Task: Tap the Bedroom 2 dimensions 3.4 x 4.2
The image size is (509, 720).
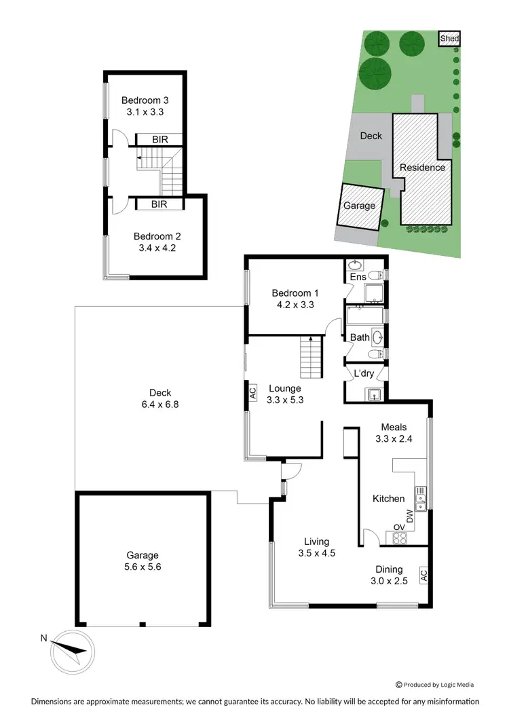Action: pos(157,248)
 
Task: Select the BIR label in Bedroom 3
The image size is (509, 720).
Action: pos(160,140)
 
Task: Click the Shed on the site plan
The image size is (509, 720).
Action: pos(449,39)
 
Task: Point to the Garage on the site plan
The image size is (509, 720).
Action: pos(360,206)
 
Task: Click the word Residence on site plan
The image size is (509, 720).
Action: pos(422,168)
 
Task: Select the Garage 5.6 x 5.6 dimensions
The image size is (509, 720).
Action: pos(143,566)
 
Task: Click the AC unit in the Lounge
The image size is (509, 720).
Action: pos(252,392)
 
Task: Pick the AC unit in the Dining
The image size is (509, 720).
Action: pos(423,575)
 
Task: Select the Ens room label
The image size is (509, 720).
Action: pos(358,278)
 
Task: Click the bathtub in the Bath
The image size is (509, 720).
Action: pos(364,316)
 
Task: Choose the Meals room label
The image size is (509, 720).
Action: pos(394,427)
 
